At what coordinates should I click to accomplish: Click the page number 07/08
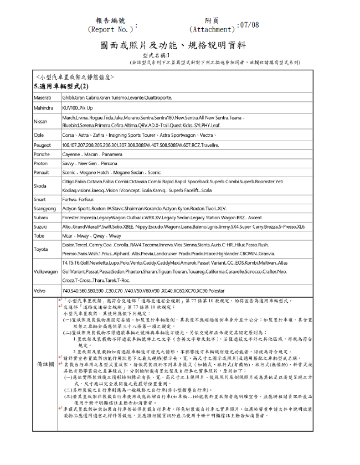click(248, 25)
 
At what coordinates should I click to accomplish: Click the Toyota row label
click(40, 249)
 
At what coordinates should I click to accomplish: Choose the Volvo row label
click(39, 290)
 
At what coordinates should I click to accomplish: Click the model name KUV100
click(70, 107)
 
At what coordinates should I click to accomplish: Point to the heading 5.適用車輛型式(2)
click(60, 87)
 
